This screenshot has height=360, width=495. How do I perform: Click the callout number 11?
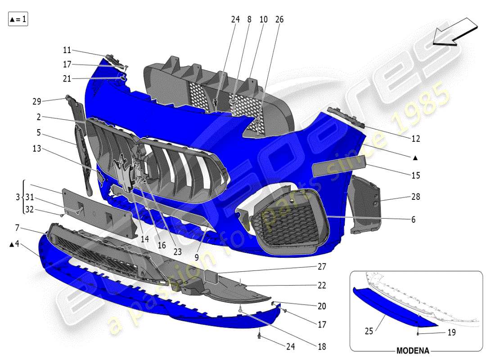coord(67,50)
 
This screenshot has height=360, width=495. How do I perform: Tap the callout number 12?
coord(416,139)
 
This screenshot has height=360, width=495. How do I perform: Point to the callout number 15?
coord(416,175)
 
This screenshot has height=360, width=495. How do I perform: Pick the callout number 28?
coord(416,197)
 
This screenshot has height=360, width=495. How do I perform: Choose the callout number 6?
coord(413,220)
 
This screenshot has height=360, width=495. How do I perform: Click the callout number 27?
coord(322,266)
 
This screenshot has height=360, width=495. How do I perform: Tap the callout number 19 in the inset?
coord(451,333)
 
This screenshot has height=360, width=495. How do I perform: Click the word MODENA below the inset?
coord(413,351)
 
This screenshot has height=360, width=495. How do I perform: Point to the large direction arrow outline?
coord(454,32)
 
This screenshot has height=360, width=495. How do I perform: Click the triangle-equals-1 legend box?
coord(18,19)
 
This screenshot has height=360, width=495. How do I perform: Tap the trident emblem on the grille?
coord(123,173)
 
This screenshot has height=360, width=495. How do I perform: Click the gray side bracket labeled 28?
coord(364,202)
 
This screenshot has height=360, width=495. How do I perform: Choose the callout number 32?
coord(29,209)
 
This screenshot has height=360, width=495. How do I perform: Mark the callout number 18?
coord(322,346)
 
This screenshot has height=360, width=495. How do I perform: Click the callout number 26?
coord(279,20)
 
